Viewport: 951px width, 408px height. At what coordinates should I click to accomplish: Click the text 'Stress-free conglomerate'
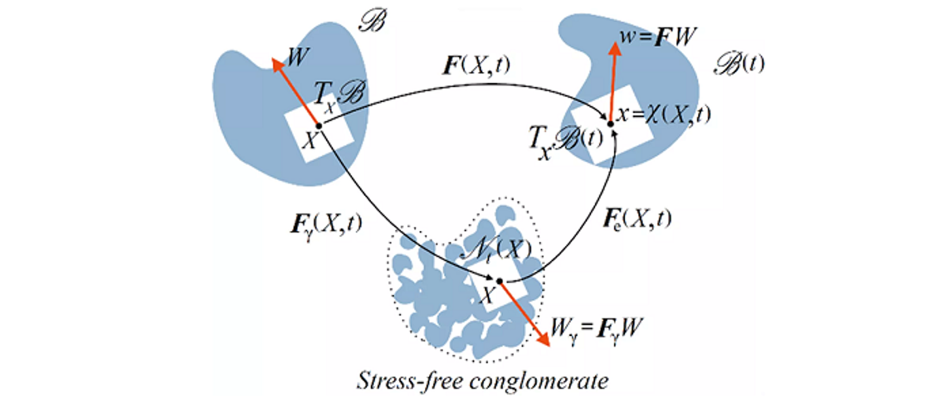(483, 381)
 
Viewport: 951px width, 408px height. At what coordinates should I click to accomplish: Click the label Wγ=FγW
(598, 333)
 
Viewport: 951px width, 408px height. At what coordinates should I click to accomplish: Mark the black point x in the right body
(611, 124)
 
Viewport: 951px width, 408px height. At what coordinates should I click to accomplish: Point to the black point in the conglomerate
(499, 281)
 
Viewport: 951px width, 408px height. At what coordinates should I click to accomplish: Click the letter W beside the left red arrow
(295, 56)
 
